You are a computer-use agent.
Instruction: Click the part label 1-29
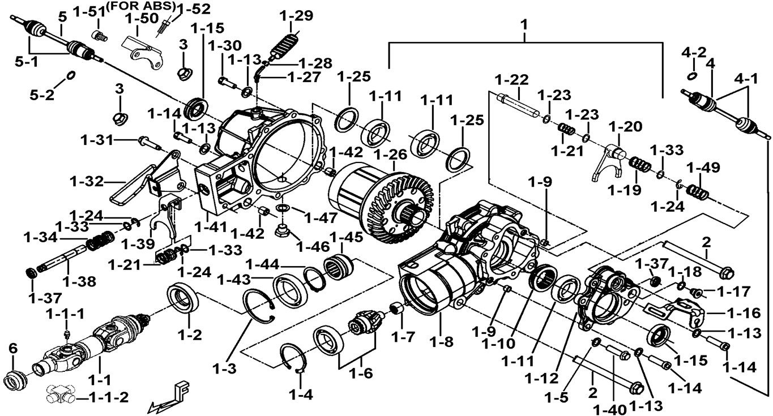click(x=296, y=16)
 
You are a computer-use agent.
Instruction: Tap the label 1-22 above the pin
click(x=511, y=79)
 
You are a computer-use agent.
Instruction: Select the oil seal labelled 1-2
click(x=183, y=298)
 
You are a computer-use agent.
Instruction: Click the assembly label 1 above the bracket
click(x=524, y=24)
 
